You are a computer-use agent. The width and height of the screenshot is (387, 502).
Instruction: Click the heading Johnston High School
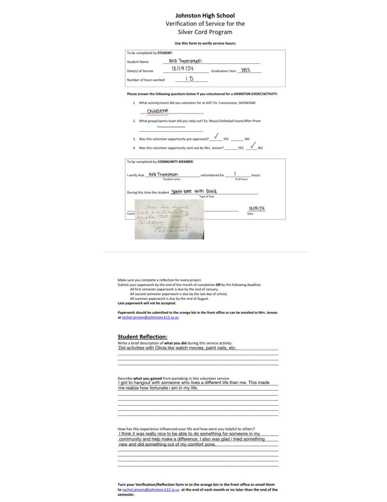(x=205, y=15)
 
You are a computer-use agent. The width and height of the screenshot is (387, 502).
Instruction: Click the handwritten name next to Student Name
(x=185, y=61)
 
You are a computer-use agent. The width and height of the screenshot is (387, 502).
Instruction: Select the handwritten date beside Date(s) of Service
(x=182, y=69)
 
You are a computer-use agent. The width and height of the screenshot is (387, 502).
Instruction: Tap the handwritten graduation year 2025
(x=245, y=70)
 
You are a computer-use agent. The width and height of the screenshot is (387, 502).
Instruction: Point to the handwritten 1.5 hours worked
(x=189, y=78)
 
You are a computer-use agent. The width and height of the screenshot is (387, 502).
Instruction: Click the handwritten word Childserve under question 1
(x=157, y=111)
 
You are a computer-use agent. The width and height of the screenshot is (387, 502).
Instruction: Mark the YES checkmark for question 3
(x=216, y=136)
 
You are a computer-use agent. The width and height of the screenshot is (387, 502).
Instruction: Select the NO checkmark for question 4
(x=253, y=145)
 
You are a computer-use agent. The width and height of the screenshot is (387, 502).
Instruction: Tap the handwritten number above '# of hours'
(x=235, y=174)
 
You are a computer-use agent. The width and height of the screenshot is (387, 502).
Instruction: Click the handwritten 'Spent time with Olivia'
(x=194, y=191)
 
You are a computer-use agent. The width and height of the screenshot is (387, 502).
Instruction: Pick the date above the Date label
(x=256, y=208)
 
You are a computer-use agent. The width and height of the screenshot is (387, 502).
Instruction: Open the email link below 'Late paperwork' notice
(x=150, y=317)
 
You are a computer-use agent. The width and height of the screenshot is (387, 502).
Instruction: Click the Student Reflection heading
(x=142, y=337)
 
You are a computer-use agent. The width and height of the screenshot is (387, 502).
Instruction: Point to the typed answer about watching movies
(x=177, y=348)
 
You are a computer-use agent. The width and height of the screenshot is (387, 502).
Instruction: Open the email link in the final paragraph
(x=151, y=489)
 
